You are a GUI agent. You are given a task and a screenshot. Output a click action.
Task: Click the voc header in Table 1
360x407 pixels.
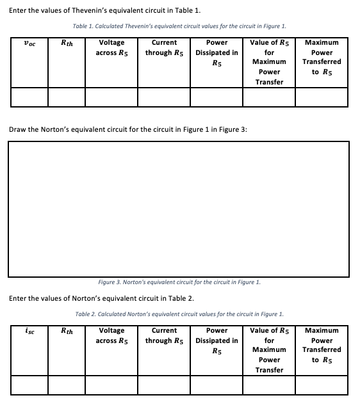coord(28,43)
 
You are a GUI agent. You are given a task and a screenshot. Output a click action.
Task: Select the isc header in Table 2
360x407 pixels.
coord(28,331)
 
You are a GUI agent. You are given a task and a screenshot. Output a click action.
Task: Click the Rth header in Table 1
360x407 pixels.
coord(66,43)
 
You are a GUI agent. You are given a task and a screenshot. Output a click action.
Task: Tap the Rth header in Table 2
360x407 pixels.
coord(66,331)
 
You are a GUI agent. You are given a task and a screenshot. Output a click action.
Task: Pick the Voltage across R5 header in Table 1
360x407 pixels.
coord(112,47)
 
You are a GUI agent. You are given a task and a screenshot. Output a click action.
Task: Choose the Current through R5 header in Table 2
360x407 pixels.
coord(164,335)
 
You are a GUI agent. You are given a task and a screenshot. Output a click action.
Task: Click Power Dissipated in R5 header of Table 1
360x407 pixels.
coord(217,52)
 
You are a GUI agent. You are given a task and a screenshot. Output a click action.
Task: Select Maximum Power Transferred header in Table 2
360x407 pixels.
coord(322,345)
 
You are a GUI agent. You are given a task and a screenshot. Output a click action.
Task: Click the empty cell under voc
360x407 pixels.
coord(28,97)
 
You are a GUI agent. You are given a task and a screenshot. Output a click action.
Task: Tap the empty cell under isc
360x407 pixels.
coord(28,385)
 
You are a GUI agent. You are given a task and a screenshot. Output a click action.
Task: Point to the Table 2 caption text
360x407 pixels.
coord(179,314)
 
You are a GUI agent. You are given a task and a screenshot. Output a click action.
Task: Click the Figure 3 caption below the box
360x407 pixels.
coord(179,282)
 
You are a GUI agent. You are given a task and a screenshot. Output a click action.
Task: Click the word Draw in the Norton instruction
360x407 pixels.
coord(18,130)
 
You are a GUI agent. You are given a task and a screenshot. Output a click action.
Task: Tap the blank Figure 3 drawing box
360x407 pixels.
coord(179,209)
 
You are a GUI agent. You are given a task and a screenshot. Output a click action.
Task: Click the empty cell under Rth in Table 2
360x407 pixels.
coord(66,385)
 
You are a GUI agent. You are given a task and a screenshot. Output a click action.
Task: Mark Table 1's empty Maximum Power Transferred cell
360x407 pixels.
coord(322,97)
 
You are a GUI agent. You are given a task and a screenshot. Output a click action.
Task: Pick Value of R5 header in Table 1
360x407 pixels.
coord(269,62)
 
